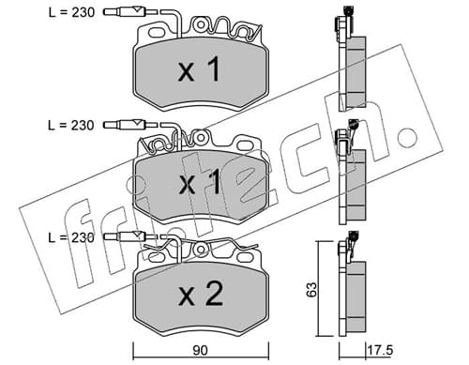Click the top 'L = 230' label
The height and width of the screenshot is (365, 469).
pos(71,12)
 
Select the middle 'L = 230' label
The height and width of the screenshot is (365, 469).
pos(71,126)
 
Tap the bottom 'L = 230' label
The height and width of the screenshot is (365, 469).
pos(71,238)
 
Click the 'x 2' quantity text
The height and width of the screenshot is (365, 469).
pos(201,295)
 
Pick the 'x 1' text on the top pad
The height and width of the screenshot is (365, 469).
pos(199,70)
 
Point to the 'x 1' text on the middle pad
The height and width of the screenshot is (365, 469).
pos(200,183)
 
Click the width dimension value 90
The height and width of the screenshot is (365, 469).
pos(200,351)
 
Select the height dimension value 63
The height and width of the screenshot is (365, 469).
pos(311,289)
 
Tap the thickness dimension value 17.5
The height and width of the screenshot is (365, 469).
pos(380,350)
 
